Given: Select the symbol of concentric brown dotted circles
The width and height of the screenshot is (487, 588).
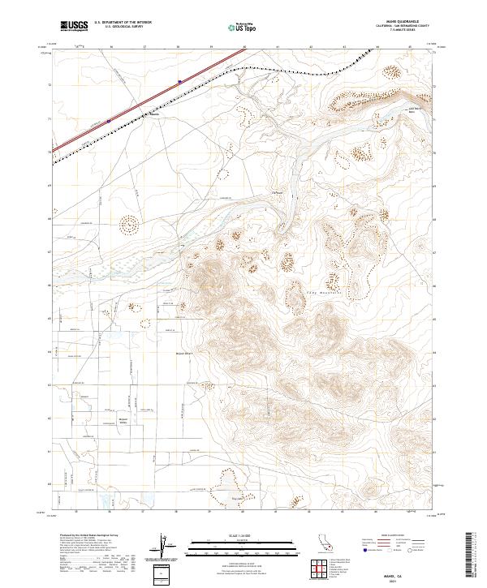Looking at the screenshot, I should [x=129, y=224].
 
